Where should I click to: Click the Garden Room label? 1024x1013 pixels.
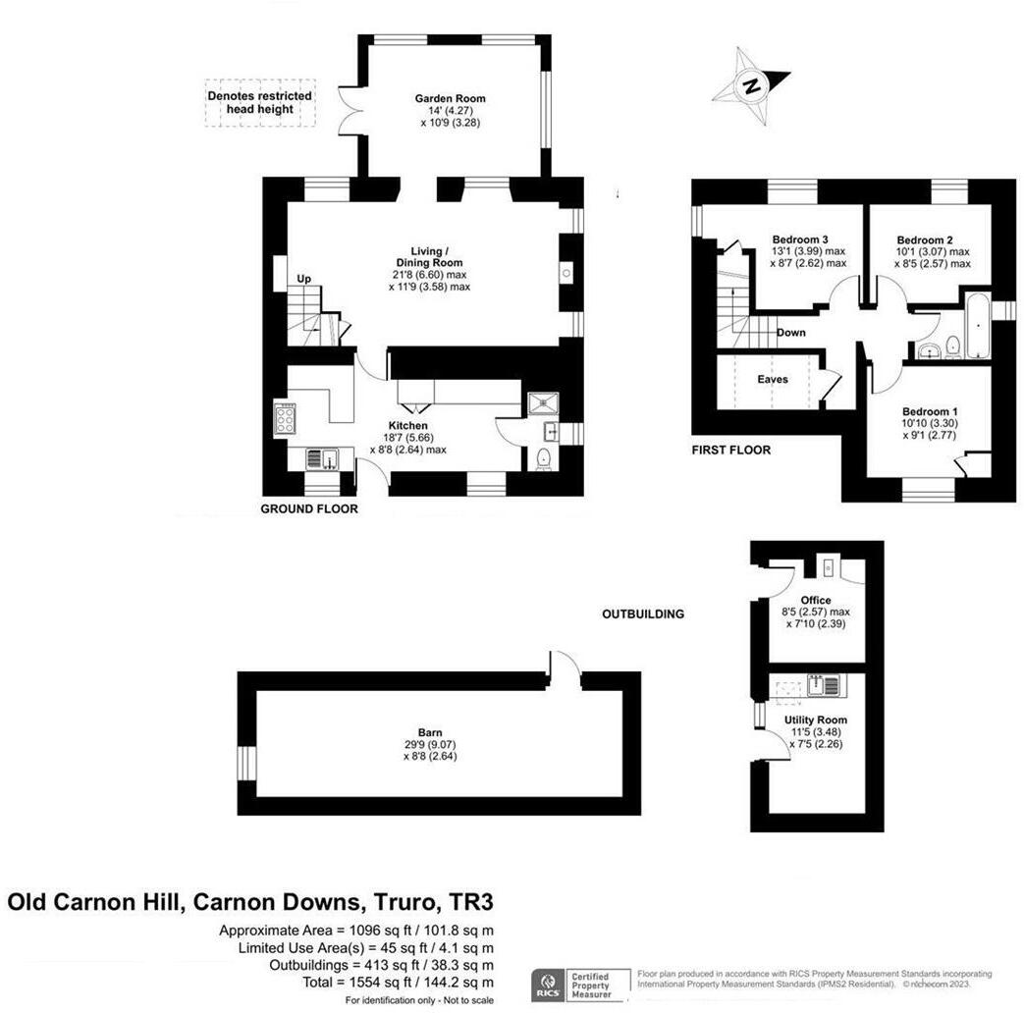[x=450, y=99]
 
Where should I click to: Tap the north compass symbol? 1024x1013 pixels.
[x=751, y=86]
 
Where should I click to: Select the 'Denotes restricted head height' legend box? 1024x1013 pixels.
[x=260, y=102]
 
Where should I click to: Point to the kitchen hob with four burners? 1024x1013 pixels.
[x=285, y=420]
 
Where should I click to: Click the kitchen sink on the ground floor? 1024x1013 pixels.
[x=321, y=458]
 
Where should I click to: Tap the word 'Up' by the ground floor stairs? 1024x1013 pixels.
[x=304, y=280]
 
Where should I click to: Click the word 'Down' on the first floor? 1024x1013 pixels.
[x=791, y=333]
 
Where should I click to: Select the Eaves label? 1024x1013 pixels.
[x=772, y=379]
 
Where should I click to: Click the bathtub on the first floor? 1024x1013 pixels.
[x=979, y=324]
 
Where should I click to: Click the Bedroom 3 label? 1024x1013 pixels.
[x=800, y=240]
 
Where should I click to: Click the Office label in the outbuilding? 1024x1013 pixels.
[x=815, y=600]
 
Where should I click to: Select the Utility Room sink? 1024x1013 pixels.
[x=821, y=684]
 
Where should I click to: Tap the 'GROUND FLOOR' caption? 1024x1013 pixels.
[x=308, y=509]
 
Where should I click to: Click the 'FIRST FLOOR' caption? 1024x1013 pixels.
[x=730, y=451]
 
